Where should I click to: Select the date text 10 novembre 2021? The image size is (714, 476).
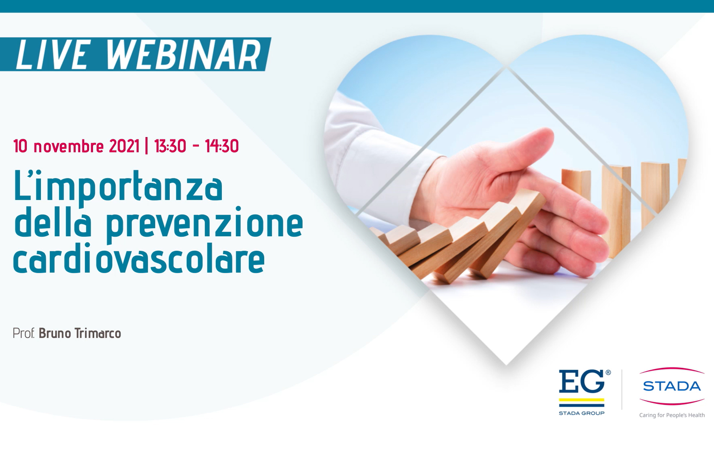tap(76, 146)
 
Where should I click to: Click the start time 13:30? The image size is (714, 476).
tap(170, 146)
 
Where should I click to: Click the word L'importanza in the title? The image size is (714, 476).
tap(118, 186)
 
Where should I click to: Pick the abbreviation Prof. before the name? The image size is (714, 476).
tap(24, 333)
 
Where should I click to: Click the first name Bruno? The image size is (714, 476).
tap(55, 333)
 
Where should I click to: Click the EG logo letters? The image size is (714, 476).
tap(582, 381)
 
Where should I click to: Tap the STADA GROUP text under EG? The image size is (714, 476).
tap(582, 413)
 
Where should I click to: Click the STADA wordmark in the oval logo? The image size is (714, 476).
tap(672, 386)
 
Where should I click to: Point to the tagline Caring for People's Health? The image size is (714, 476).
tap(672, 415)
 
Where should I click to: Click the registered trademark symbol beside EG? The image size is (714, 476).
tap(608, 373)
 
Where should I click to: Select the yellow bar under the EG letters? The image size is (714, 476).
tap(582, 400)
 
